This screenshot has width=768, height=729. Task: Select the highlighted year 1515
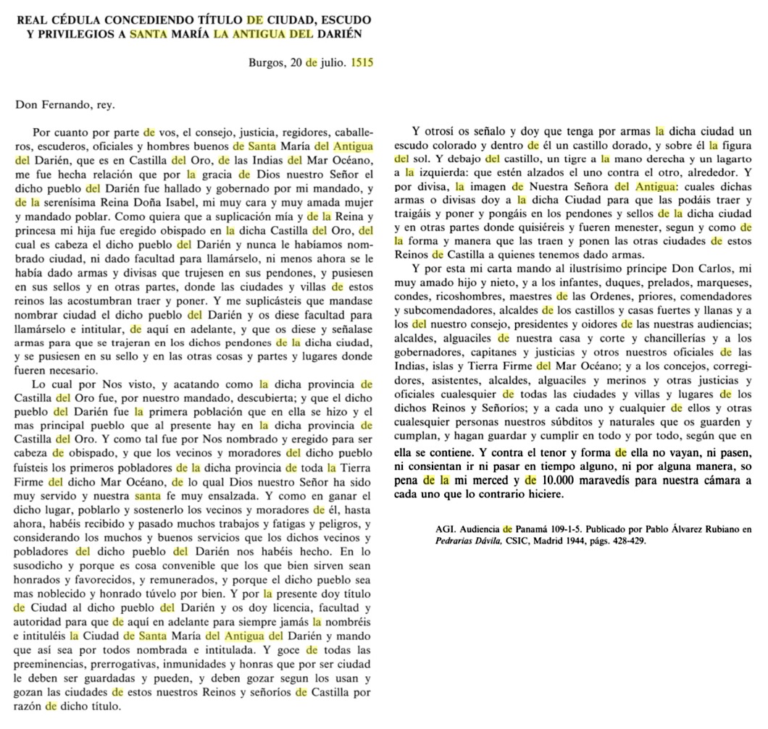[x=362, y=63]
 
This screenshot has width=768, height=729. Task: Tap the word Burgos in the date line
[x=267, y=63]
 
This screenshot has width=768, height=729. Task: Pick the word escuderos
[x=62, y=147]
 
